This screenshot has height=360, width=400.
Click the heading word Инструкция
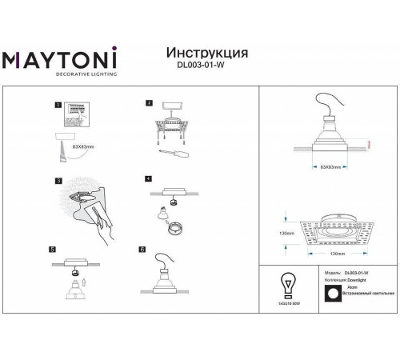point(206,52)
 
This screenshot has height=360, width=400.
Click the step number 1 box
point(57,104)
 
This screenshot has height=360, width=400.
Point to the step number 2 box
point(148,103)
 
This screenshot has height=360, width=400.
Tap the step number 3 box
point(57,182)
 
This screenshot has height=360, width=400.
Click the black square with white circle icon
point(333,294)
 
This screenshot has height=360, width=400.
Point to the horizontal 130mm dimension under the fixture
point(336,254)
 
